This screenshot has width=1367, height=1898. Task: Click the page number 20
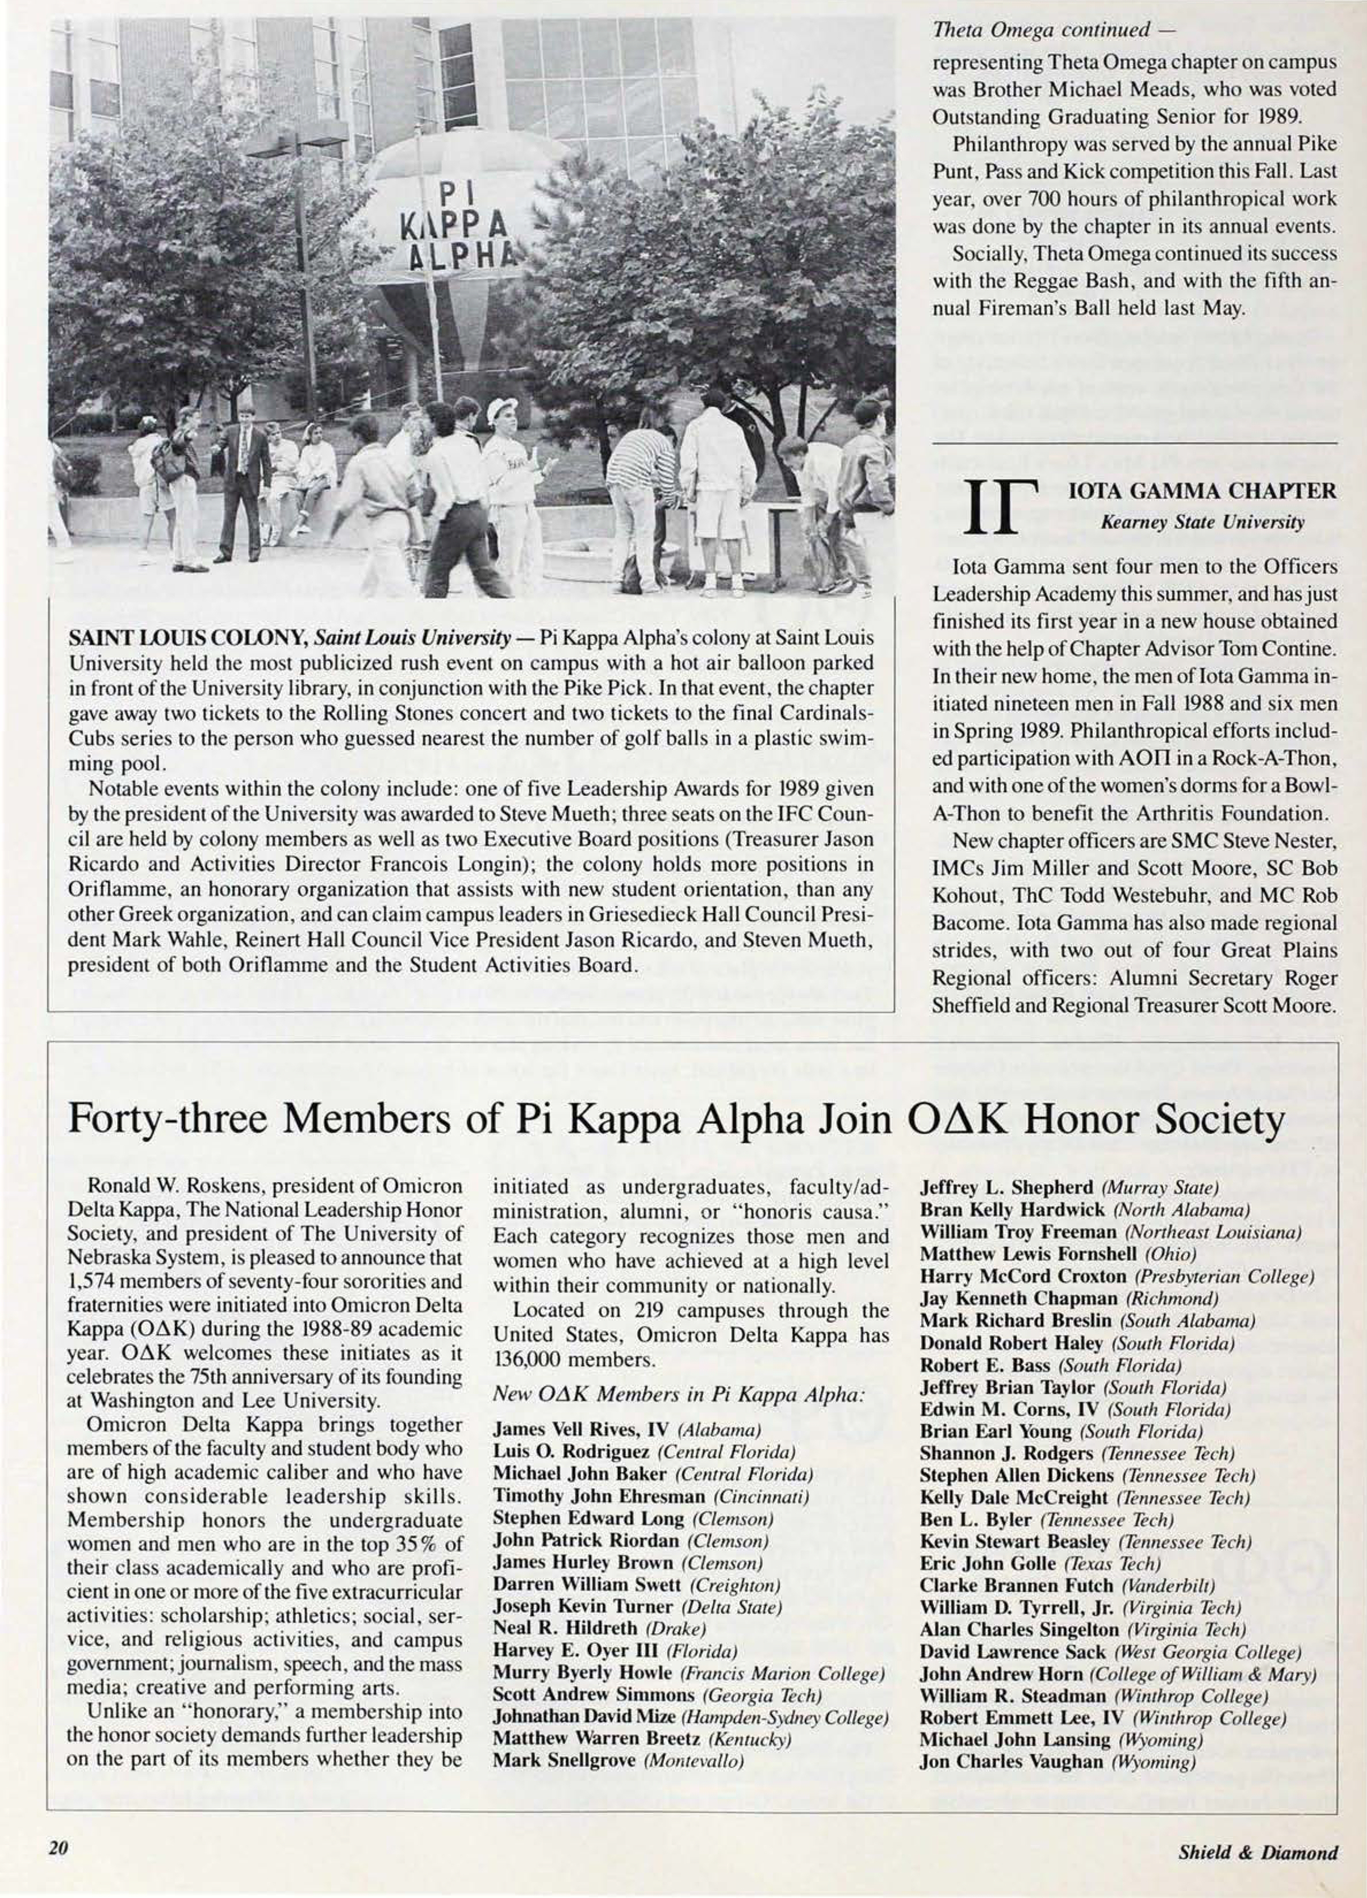click(x=57, y=1850)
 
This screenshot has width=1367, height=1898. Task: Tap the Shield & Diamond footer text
click(x=1257, y=1853)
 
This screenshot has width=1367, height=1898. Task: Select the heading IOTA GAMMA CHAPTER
click(x=1204, y=490)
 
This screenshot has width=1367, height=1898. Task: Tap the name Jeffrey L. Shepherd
click(x=1006, y=1187)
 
